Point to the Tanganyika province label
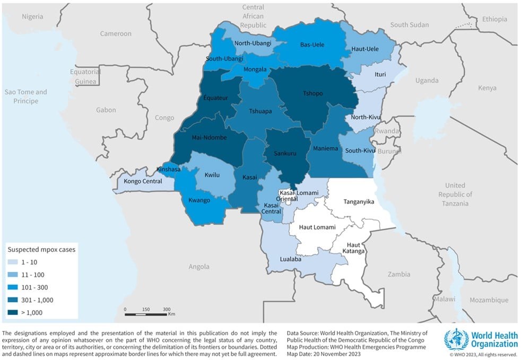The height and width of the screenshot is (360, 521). click(359, 202)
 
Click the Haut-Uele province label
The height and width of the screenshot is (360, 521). click(364, 49)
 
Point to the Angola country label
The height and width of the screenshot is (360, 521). click(199, 266)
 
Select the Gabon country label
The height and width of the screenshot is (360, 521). click(106, 110)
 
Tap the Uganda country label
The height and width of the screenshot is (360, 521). click(427, 81)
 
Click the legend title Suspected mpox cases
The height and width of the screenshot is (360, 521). click(41, 249)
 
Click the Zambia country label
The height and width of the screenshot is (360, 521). click(398, 274)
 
